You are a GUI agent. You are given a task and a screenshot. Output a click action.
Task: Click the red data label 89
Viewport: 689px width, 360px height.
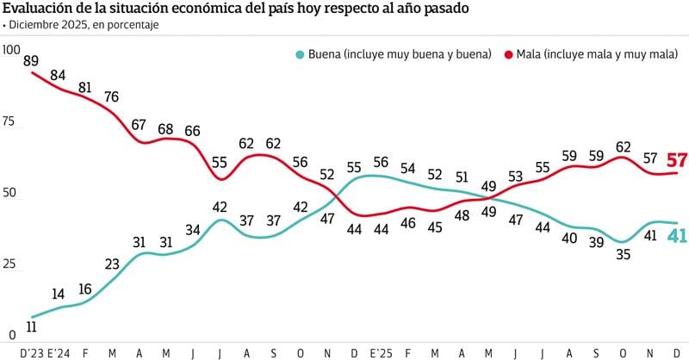[x=32, y=60]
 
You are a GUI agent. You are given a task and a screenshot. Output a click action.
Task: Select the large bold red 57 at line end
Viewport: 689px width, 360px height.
[x=676, y=160]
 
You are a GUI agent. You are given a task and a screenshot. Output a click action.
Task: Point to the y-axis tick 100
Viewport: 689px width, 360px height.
[x=12, y=49]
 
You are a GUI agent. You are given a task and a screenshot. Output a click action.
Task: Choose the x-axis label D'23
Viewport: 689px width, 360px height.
[x=31, y=352]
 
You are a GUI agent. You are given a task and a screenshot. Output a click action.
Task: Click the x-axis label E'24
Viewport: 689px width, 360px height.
[x=59, y=352]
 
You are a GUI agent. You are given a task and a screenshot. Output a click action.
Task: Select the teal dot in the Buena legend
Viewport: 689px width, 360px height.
[x=300, y=54]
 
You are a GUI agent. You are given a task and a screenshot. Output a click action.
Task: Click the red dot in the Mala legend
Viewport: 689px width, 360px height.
[x=510, y=54]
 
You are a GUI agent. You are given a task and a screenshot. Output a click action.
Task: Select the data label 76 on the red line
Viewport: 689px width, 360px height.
[x=111, y=96]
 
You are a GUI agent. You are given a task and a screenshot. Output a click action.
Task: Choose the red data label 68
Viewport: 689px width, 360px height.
[x=165, y=128]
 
